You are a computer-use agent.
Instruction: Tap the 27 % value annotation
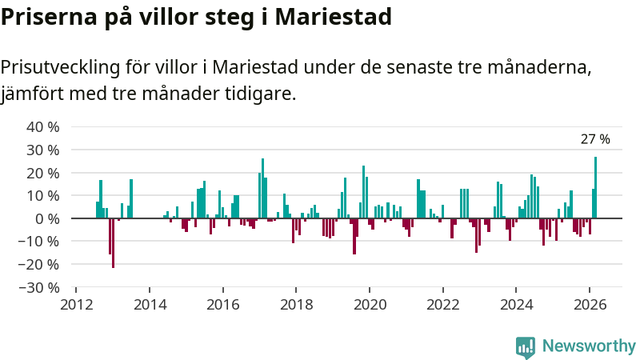point(594,139)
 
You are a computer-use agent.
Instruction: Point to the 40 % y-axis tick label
point(43,127)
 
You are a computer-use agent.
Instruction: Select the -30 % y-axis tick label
point(41,287)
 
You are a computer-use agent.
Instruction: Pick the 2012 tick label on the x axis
point(76,305)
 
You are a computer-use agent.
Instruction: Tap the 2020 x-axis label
point(370,305)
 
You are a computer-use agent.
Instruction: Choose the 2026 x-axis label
point(590,305)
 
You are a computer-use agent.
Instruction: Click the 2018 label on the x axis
point(296,305)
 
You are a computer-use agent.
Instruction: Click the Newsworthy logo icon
point(526,346)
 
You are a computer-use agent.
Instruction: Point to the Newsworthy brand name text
point(589,346)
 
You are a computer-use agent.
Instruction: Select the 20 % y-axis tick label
point(43,173)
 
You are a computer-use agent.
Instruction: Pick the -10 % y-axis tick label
point(41,242)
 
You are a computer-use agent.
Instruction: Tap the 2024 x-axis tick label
point(516,305)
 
